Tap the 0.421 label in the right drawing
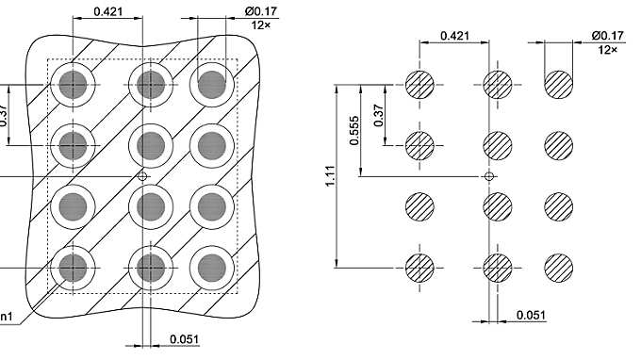pos(455,36)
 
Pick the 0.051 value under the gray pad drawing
pos(183,339)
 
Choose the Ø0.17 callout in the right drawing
pos(607,36)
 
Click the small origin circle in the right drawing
pos(488,176)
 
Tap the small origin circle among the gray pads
pos(142,176)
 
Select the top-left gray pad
pos(74,86)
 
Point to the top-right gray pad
pos(212,86)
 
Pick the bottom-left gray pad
pos(74,268)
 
